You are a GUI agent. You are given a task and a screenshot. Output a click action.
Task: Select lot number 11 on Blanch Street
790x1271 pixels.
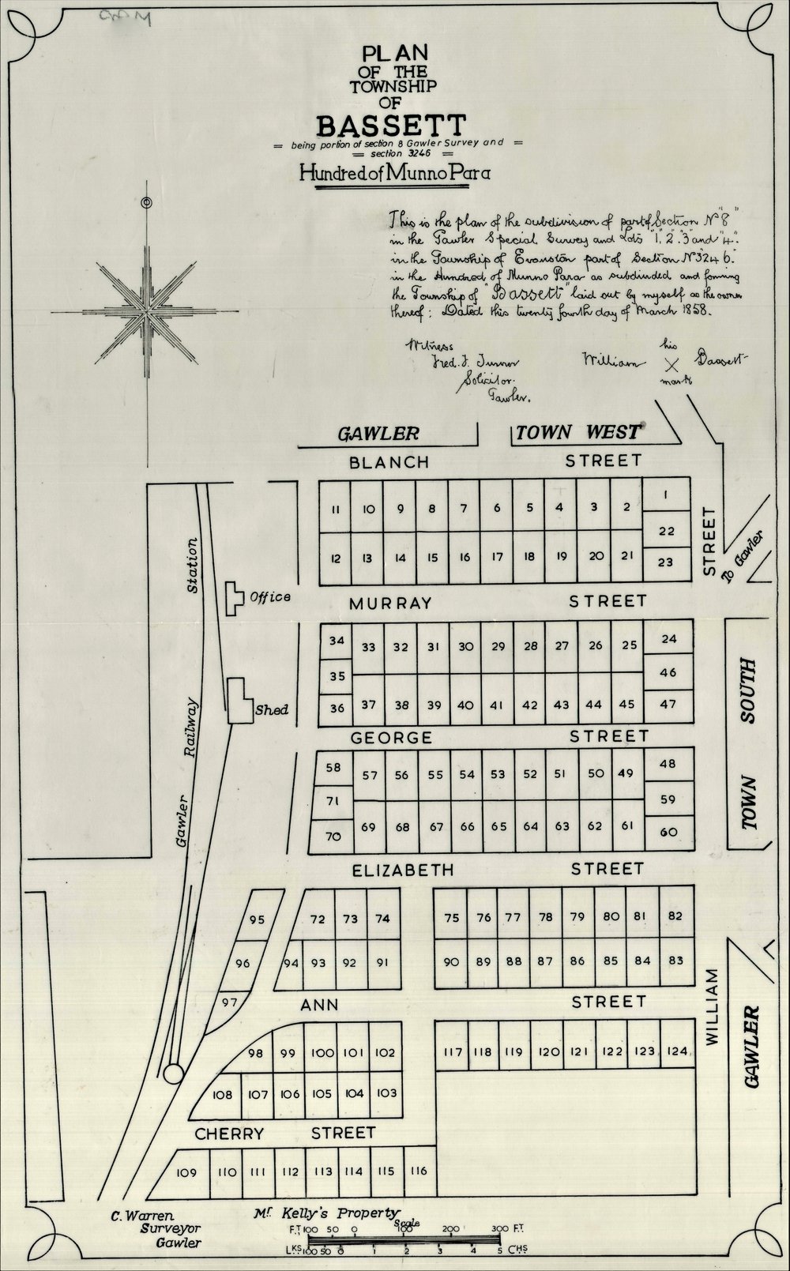pyautogui.click(x=336, y=510)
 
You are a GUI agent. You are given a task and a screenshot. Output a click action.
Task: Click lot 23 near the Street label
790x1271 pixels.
pyautogui.click(x=666, y=562)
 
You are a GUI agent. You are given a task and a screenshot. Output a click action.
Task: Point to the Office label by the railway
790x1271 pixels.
pyautogui.click(x=269, y=596)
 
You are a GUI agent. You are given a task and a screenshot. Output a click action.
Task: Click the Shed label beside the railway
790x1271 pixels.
pyautogui.click(x=271, y=709)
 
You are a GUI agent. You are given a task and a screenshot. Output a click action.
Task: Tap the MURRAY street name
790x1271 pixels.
pyautogui.click(x=390, y=603)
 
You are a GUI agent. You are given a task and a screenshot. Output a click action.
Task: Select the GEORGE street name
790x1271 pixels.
pyautogui.click(x=391, y=738)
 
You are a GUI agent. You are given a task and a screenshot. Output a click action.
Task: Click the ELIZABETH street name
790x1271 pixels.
pyautogui.click(x=402, y=870)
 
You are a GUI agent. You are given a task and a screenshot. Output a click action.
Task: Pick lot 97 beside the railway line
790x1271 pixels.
pyautogui.click(x=230, y=1002)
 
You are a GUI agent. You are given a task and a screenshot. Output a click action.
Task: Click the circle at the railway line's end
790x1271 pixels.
pyautogui.click(x=175, y=1074)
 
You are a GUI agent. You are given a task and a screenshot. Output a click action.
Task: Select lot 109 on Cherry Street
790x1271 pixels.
pyautogui.click(x=186, y=1172)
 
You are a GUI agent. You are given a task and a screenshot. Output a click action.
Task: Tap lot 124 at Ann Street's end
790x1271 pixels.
pyautogui.click(x=676, y=1051)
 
